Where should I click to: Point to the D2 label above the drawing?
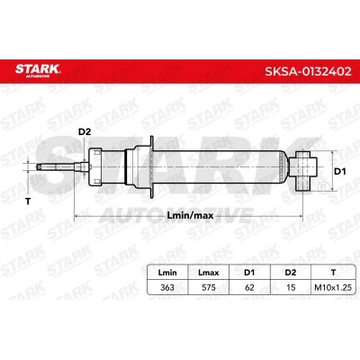pos(85,132)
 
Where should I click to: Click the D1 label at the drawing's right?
pos(339,169)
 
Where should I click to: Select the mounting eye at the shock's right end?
pos(306,167)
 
